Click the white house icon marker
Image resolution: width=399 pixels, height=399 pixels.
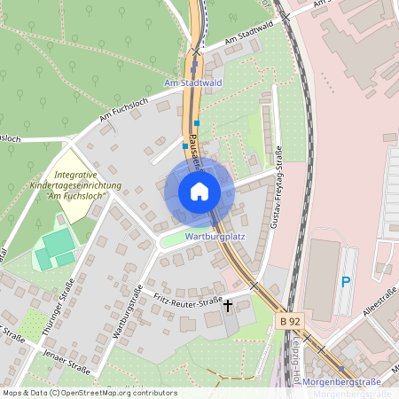[x=199, y=192]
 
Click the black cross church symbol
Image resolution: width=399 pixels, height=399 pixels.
[x=228, y=306]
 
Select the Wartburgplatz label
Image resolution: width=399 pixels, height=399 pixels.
[x=215, y=238]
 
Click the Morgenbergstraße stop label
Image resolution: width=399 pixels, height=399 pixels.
[x=341, y=381]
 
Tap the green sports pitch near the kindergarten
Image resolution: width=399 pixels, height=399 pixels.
[x=55, y=247]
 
